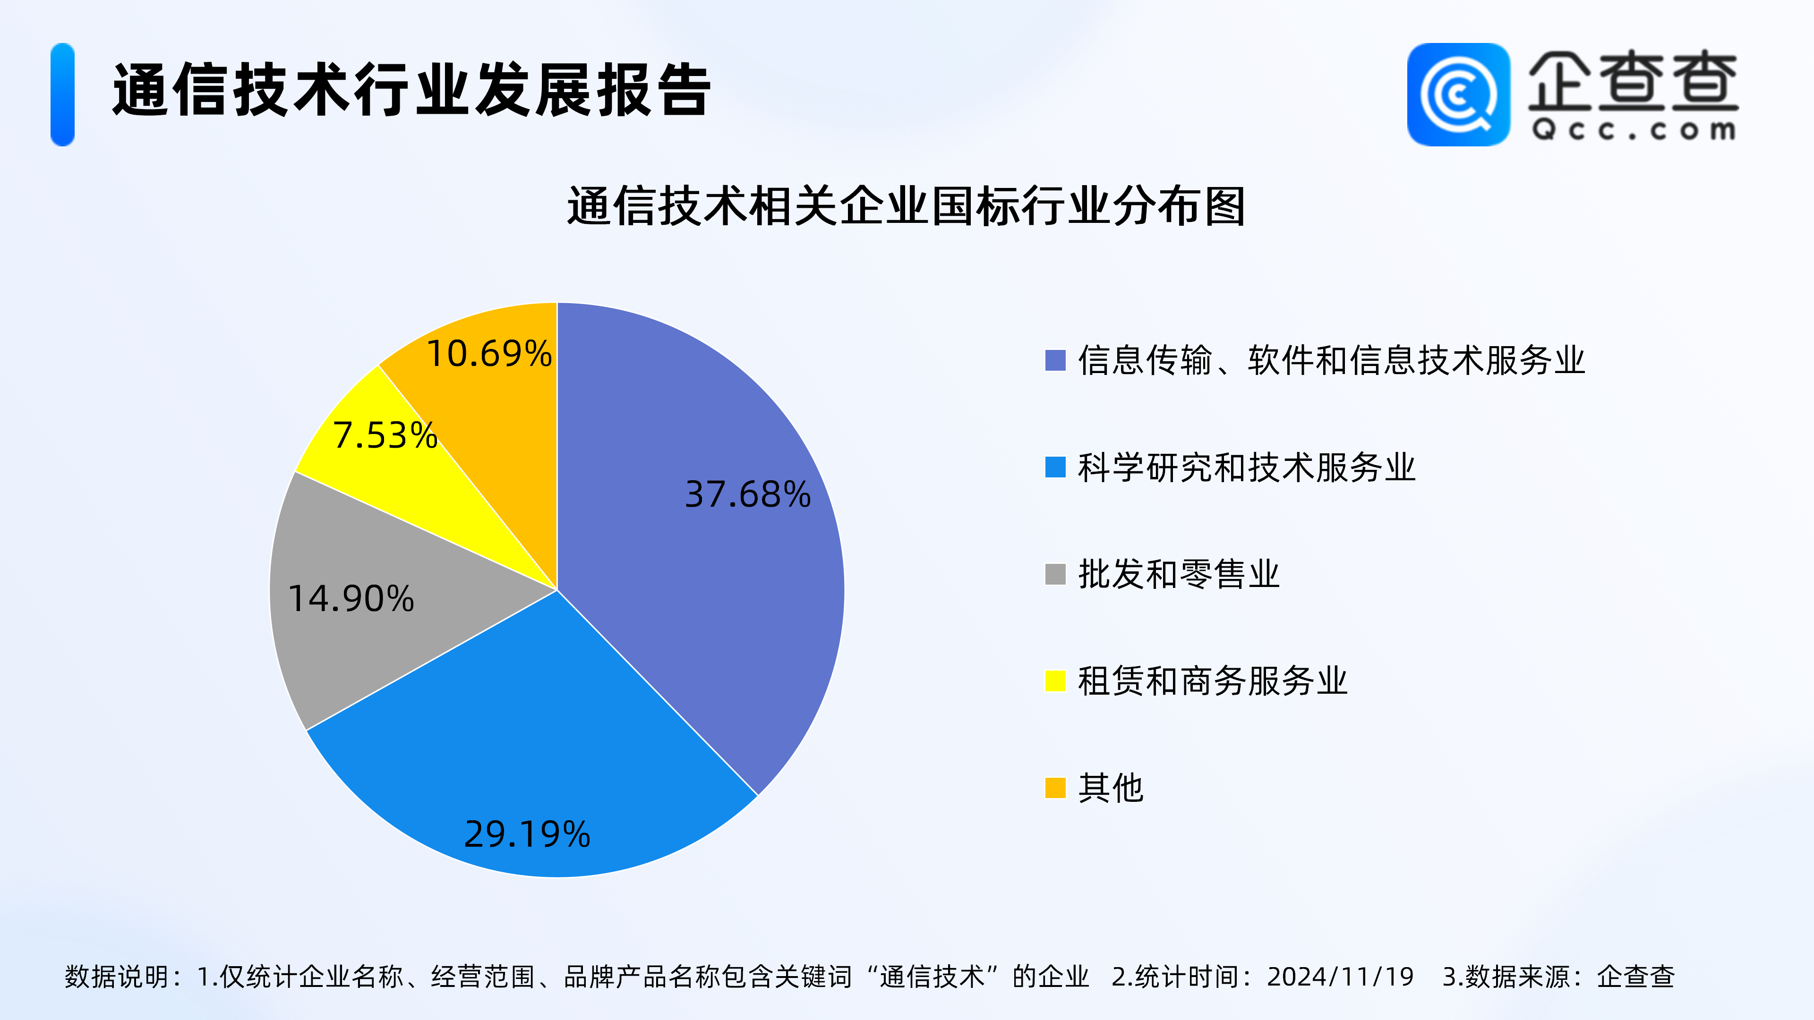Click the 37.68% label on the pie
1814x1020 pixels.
click(748, 494)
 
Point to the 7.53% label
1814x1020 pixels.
click(385, 435)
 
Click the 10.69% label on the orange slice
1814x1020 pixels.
click(489, 353)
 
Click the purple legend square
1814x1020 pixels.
click(1055, 360)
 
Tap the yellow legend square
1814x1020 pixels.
click(1055, 680)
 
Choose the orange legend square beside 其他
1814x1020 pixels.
click(1055, 788)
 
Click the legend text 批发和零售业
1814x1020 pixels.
click(1179, 574)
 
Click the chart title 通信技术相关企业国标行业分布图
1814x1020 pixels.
click(907, 206)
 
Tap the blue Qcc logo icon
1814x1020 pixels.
click(1458, 94)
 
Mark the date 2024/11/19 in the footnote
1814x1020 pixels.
click(1340, 977)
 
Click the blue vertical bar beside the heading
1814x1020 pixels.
click(63, 94)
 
